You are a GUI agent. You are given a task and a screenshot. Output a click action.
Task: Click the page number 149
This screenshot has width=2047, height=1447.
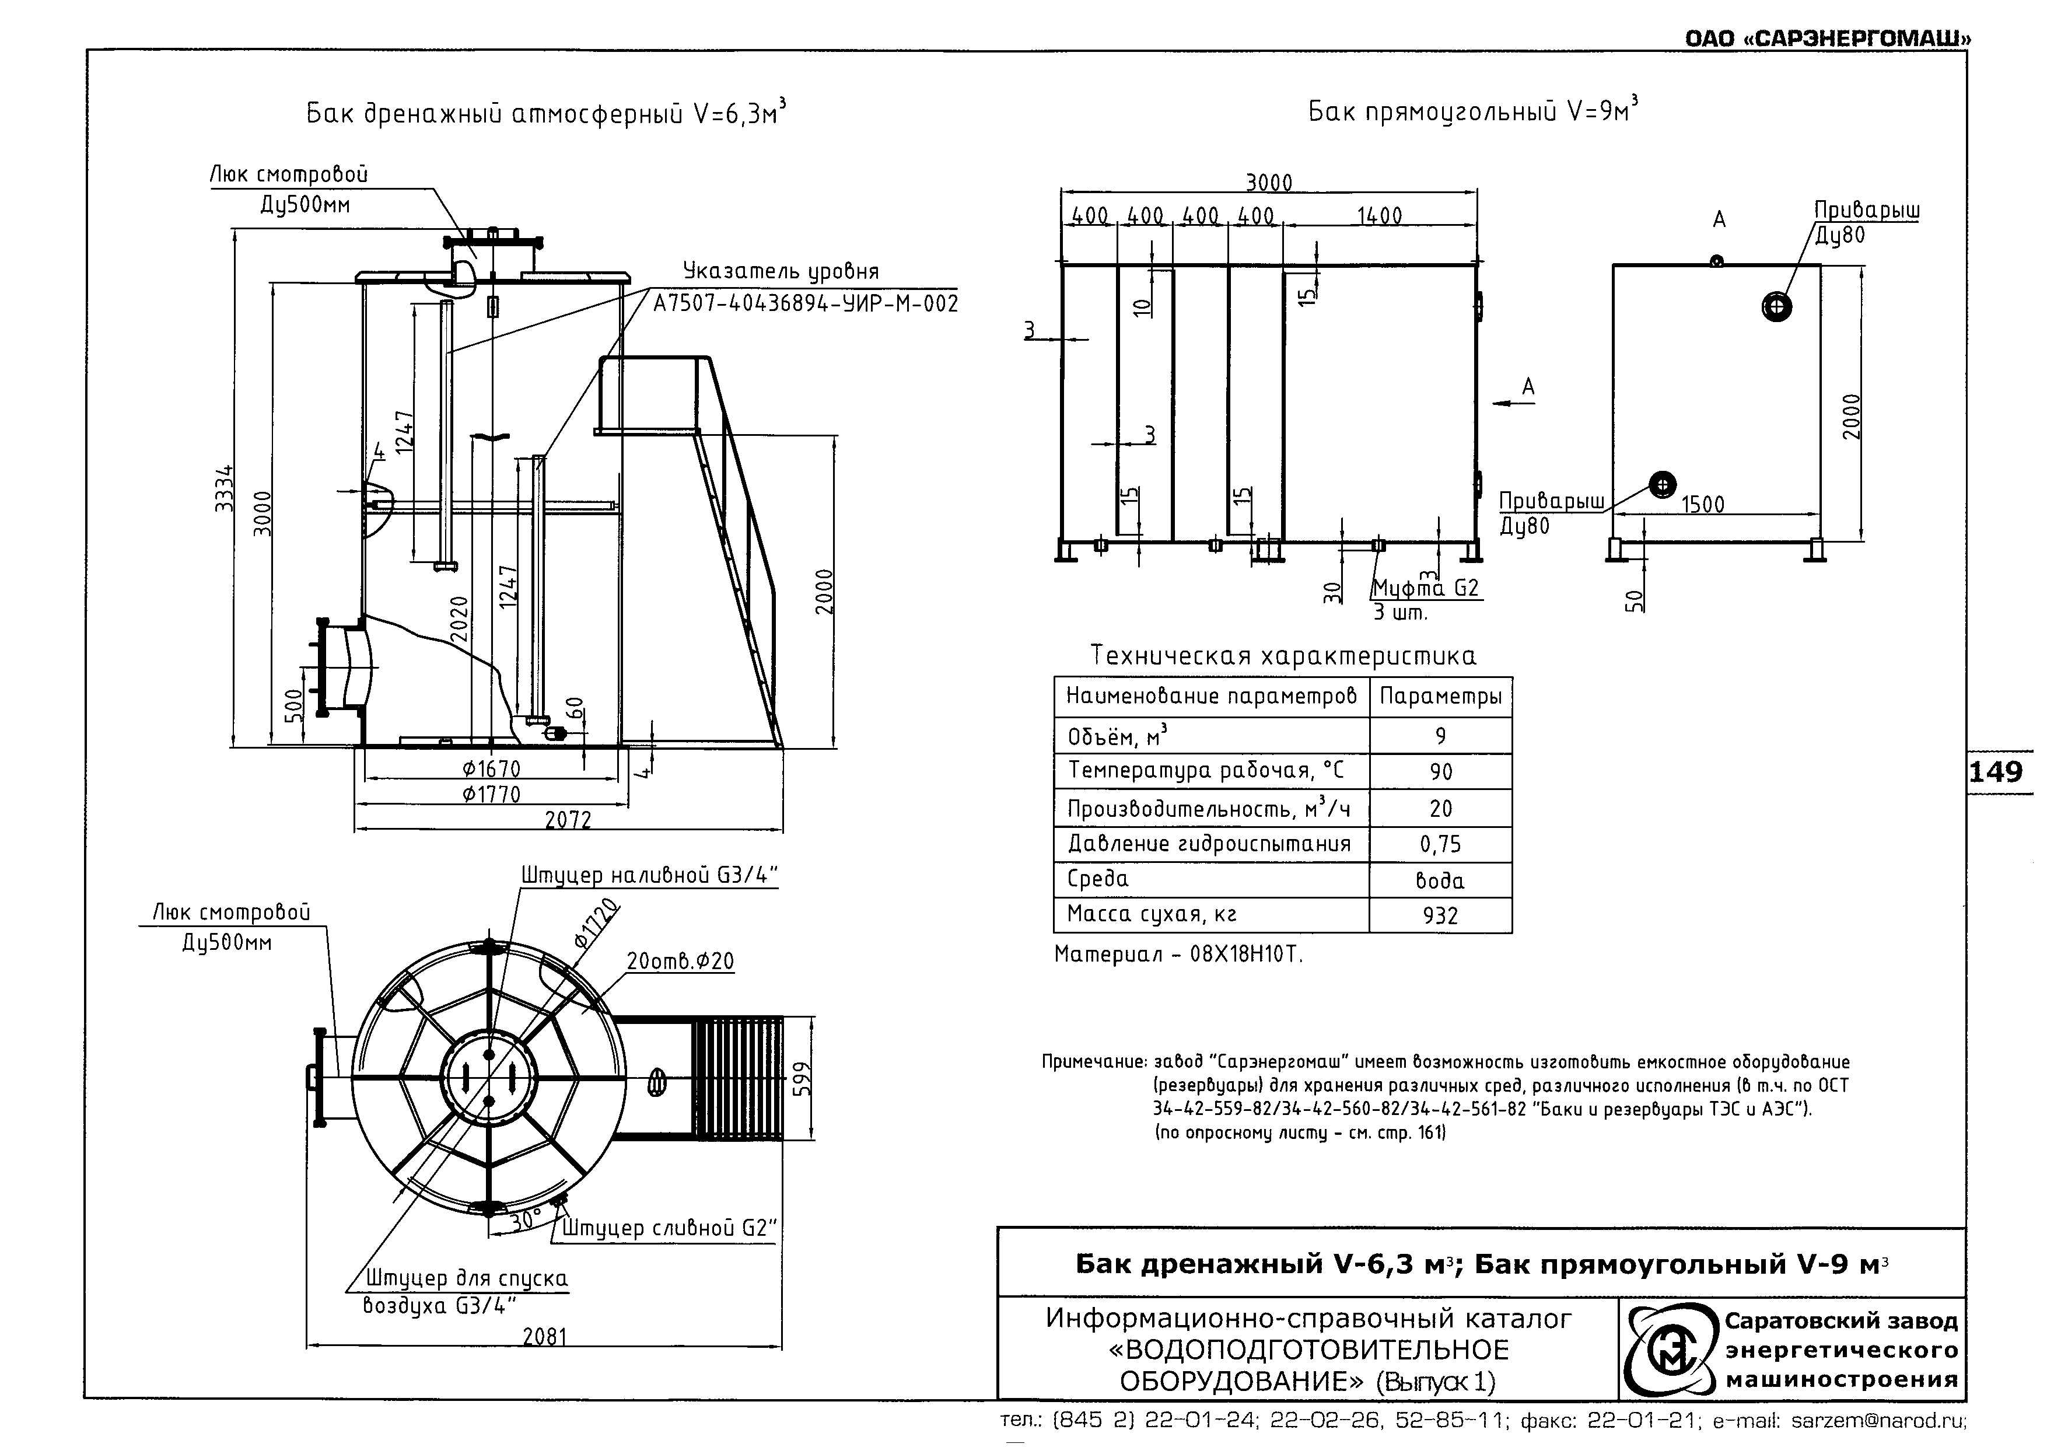click(1996, 771)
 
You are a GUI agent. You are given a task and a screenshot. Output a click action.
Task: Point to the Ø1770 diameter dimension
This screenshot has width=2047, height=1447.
click(491, 794)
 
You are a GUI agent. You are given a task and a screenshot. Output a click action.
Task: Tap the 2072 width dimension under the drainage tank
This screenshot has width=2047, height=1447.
click(568, 819)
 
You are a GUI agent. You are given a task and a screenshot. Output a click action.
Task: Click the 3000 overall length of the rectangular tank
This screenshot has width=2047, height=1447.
click(1269, 183)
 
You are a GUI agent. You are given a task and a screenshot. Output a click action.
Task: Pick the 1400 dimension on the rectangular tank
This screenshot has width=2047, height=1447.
click(1379, 216)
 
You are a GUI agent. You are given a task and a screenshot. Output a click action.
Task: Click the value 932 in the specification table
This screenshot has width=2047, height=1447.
click(1441, 915)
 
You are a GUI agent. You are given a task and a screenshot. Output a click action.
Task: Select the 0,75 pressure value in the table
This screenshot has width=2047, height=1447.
click(1441, 844)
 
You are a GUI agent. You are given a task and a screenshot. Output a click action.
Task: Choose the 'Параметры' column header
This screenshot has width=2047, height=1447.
click(1441, 696)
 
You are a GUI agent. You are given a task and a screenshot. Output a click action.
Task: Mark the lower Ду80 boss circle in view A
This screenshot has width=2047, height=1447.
click(1663, 485)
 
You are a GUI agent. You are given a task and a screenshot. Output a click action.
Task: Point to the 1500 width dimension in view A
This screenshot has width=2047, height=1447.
click(1703, 505)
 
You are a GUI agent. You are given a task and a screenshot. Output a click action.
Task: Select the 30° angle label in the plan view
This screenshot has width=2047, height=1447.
click(526, 1219)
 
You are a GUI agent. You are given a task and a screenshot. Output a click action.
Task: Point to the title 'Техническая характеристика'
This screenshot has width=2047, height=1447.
click(1283, 656)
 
